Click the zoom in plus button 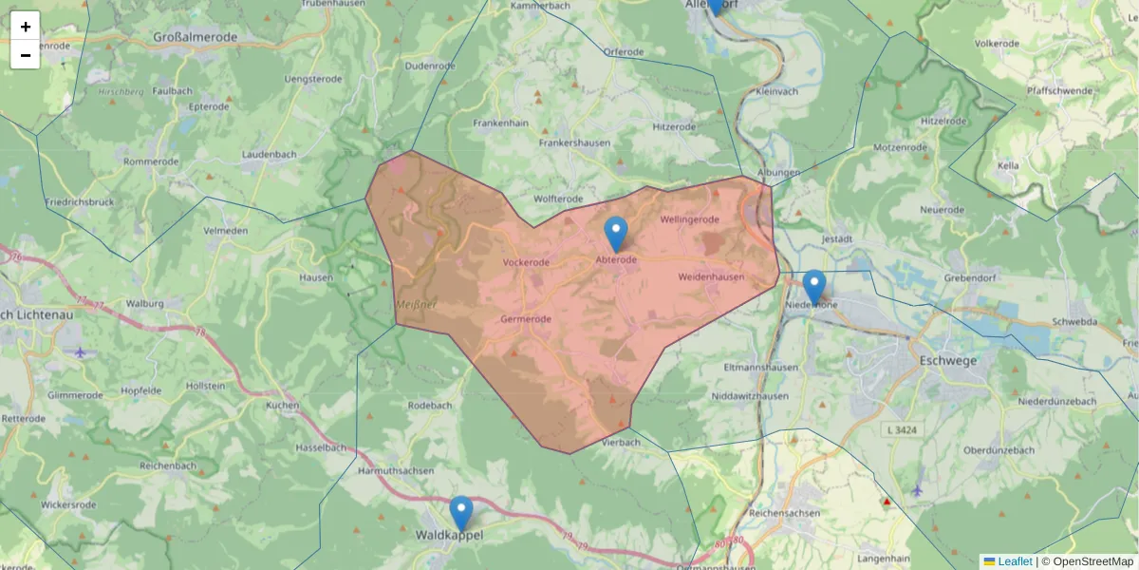click(x=26, y=26)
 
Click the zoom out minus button click(x=26, y=55)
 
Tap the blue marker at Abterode click(x=616, y=234)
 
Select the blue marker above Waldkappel click(x=461, y=513)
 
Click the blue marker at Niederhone click(x=814, y=287)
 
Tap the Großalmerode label click(x=196, y=37)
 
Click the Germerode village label click(x=526, y=319)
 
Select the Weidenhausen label click(x=712, y=276)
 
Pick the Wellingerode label click(x=690, y=219)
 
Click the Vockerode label click(x=526, y=262)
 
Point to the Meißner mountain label click(x=416, y=304)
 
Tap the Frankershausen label click(x=574, y=142)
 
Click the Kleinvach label click(x=778, y=91)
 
